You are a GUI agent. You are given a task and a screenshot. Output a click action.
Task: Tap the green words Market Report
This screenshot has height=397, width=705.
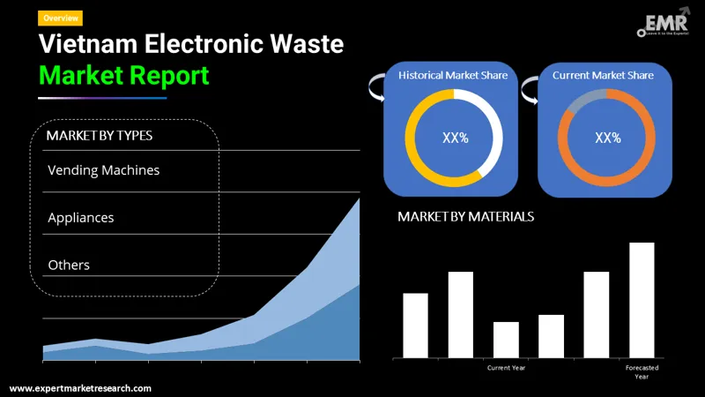click(x=124, y=75)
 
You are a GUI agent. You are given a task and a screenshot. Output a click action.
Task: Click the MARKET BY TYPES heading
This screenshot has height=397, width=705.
click(x=99, y=136)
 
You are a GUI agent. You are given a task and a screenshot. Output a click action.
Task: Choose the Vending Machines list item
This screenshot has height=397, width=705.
click(x=104, y=169)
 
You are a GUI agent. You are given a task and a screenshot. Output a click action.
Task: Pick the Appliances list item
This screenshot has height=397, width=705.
click(x=81, y=217)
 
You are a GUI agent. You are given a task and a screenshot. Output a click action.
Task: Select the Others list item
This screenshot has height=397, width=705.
click(x=69, y=265)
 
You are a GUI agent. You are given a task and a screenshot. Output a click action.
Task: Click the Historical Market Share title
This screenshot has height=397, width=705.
click(x=453, y=76)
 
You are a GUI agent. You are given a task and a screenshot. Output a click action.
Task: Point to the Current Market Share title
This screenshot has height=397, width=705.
click(x=603, y=76)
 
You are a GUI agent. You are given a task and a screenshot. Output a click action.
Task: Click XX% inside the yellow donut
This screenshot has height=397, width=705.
click(x=455, y=139)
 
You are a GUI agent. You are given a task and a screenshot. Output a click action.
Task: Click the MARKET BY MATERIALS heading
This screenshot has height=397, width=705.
click(x=465, y=216)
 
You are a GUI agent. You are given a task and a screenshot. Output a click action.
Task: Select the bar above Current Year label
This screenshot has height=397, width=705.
click(x=506, y=340)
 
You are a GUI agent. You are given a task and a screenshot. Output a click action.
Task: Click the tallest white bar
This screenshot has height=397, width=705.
click(x=642, y=300)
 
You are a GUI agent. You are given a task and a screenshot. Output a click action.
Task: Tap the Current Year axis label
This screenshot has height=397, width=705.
click(x=506, y=367)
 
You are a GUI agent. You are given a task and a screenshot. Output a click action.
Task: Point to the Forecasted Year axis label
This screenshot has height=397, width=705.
click(x=642, y=371)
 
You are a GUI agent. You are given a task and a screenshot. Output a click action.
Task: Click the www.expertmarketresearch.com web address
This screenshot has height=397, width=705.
click(x=80, y=388)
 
